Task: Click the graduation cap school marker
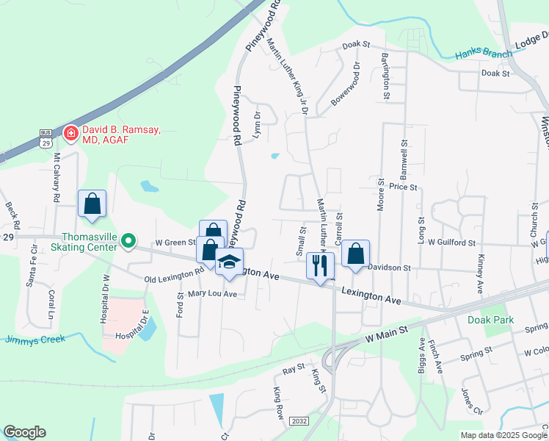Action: tap(230, 262)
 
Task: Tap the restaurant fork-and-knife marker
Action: tap(319, 265)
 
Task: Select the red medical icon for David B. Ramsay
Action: tap(71, 133)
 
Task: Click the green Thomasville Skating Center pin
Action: tap(128, 240)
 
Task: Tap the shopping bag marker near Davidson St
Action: tap(355, 254)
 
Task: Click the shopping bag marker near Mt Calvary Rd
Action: tap(92, 204)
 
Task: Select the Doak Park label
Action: tap(490, 320)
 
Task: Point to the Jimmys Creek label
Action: tap(35, 339)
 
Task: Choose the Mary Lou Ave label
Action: tap(212, 293)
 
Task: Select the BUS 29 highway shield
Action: tap(46, 137)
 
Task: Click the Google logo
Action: tap(24, 432)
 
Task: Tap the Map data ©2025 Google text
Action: tap(504, 435)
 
